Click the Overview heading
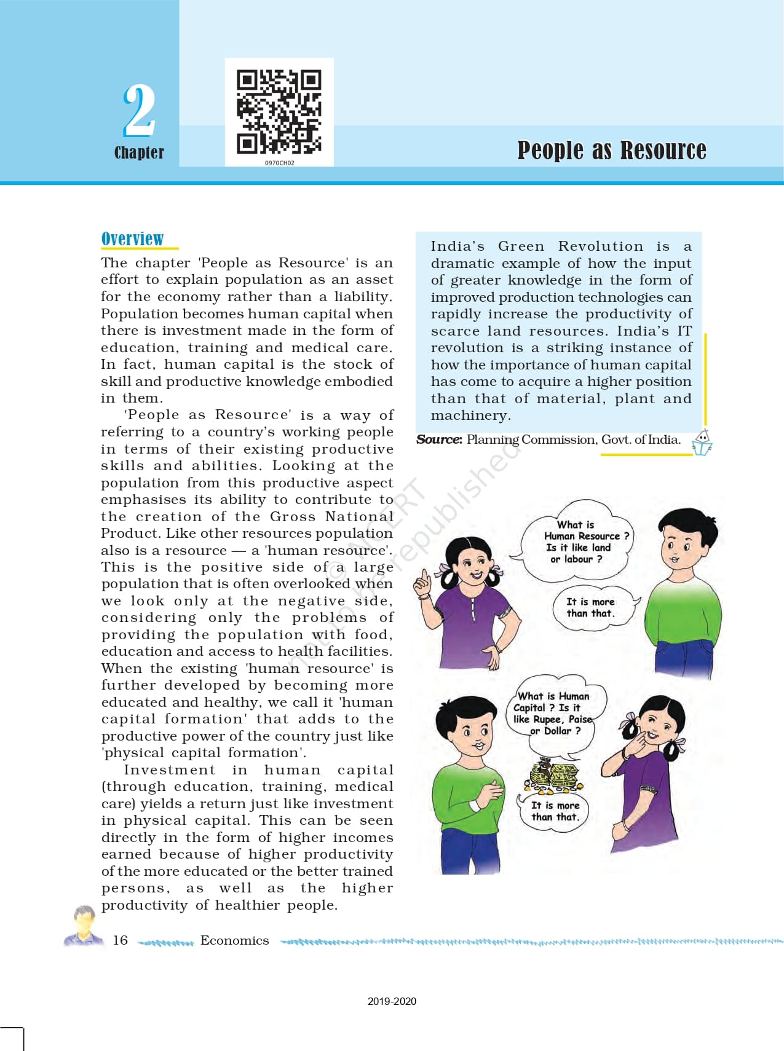(x=132, y=238)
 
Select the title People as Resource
(x=611, y=150)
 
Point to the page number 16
(x=121, y=940)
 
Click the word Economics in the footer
(x=234, y=940)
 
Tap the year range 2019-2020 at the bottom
(x=392, y=1001)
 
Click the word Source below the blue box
(x=438, y=439)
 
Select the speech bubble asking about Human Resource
(x=575, y=541)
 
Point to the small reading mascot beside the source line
(x=702, y=443)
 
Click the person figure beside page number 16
(x=84, y=926)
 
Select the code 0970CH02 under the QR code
(x=279, y=163)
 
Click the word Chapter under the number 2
(x=139, y=152)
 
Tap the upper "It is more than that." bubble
(x=592, y=608)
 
